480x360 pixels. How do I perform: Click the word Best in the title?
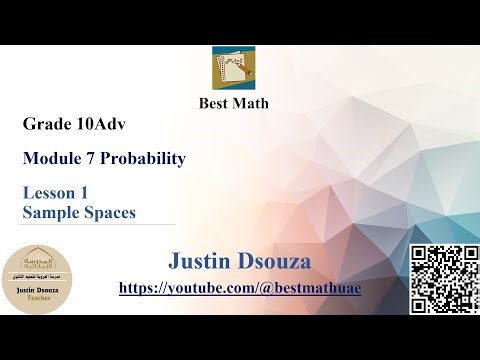(209, 103)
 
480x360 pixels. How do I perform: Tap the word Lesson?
(49, 195)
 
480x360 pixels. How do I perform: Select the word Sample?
(47, 212)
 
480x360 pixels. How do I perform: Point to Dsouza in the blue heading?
(273, 263)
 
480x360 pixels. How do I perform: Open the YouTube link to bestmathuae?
(239, 288)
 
